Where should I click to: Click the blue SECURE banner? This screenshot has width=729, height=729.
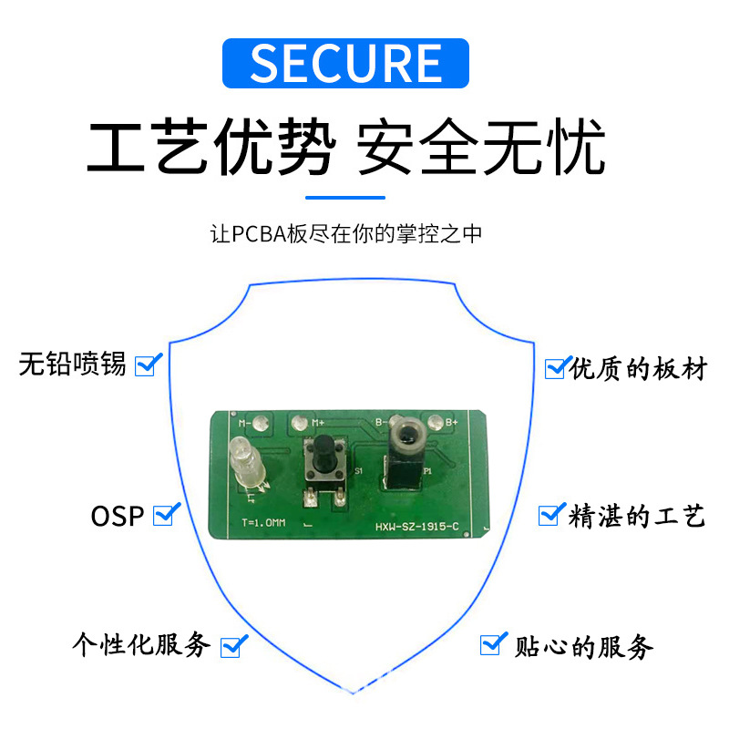[x=345, y=62]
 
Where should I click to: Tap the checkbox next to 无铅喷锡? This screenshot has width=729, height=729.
[x=147, y=364]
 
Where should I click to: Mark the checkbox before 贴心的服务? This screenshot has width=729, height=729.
[x=492, y=644]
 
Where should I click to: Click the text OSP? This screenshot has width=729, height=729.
[x=118, y=516]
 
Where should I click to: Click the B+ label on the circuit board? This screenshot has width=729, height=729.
[x=449, y=422]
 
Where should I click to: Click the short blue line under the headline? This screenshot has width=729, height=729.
[x=345, y=197]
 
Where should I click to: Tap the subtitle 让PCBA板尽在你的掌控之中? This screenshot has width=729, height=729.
[x=345, y=234]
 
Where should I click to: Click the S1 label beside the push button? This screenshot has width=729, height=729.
[x=358, y=471]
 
